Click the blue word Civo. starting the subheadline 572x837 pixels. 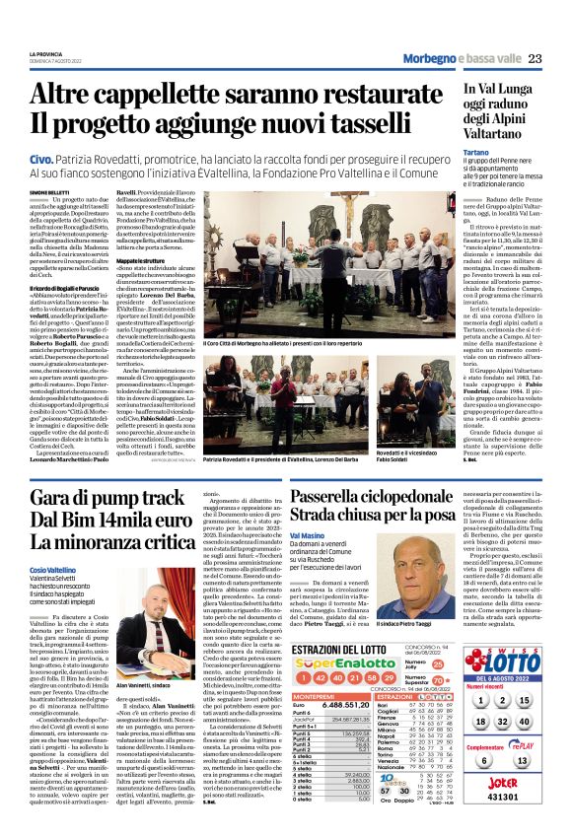(x=41, y=159)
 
